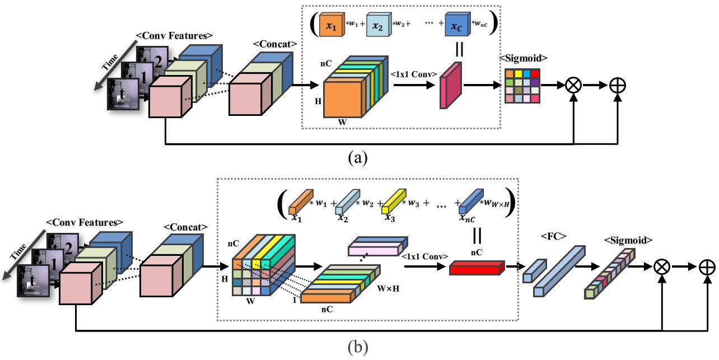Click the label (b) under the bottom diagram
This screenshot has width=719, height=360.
[x=357, y=348]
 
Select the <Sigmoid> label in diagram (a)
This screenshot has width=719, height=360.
[x=523, y=58]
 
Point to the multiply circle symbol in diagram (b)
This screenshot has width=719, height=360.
[x=662, y=267]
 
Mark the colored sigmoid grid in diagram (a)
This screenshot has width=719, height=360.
[x=522, y=85]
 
